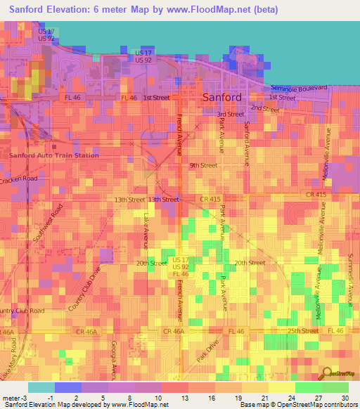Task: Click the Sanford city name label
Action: point(222,98)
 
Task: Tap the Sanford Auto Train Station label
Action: point(53,155)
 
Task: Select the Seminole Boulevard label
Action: point(300,87)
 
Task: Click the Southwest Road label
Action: point(48,223)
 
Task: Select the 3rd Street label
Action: point(230,114)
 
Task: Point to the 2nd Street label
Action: point(265,109)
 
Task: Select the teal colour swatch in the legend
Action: point(41,387)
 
